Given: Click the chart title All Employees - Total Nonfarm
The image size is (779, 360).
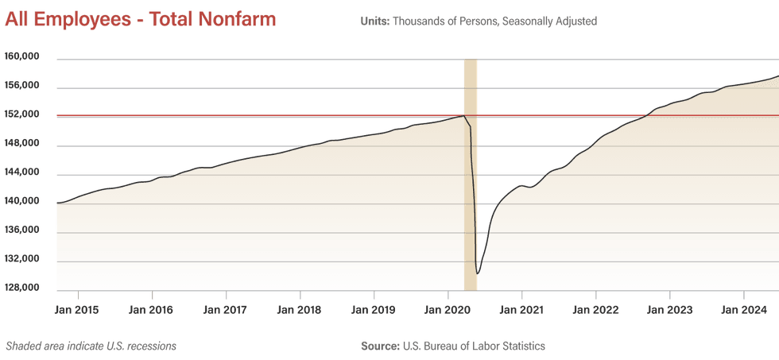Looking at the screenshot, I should click(x=141, y=20).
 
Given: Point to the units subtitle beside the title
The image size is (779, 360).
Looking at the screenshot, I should click(x=479, y=21).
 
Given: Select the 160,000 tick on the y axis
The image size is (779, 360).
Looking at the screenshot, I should click(x=22, y=58).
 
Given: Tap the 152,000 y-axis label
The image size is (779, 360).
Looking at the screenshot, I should click(x=22, y=115).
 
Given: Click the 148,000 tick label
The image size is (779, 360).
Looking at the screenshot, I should click(x=22, y=144).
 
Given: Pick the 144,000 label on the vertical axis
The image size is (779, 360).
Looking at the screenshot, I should click(x=22, y=172).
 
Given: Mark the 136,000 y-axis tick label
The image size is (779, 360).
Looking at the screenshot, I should click(x=22, y=230).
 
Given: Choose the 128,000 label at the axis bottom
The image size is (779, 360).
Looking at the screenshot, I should click(x=22, y=288).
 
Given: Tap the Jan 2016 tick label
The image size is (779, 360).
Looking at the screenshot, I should click(x=150, y=310).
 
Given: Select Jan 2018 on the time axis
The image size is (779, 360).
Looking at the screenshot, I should click(x=300, y=310).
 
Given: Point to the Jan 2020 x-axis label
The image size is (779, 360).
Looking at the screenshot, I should click(x=448, y=310).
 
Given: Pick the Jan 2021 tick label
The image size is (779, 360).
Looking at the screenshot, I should click(x=521, y=310).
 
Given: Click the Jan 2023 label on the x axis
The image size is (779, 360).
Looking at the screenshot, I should click(x=669, y=310).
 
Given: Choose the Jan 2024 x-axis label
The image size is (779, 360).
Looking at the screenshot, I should click(x=743, y=310).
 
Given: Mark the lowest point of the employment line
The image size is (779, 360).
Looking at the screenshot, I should click(x=478, y=273).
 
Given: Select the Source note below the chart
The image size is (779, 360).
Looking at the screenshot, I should click(x=453, y=346).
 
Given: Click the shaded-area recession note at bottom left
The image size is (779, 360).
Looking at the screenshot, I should click(x=91, y=346).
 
